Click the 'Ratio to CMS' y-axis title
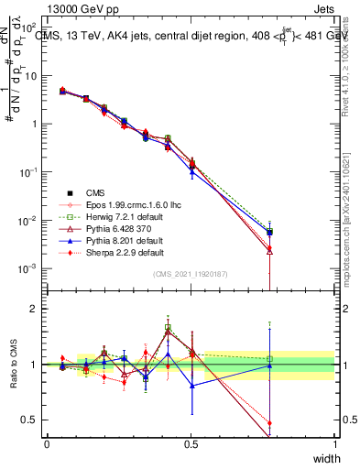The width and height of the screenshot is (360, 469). click(13, 365)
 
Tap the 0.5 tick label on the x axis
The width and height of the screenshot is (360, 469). click(191, 443)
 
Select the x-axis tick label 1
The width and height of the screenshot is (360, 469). click(335, 443)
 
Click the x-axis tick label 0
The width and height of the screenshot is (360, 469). click(47, 443)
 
